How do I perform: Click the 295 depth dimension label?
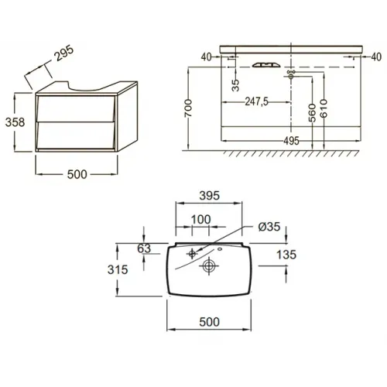tap(64, 53)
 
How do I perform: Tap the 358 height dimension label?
tap(15, 122)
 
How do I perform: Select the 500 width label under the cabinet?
tap(77, 174)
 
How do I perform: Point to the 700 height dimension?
tap(189, 108)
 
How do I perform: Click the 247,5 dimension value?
tap(256, 101)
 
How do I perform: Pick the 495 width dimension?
tap(291, 141)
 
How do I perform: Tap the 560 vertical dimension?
tap(312, 113)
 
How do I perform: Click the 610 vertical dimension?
tap(324, 108)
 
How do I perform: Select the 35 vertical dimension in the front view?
tap(235, 85)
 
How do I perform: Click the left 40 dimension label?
tap(206, 57)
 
